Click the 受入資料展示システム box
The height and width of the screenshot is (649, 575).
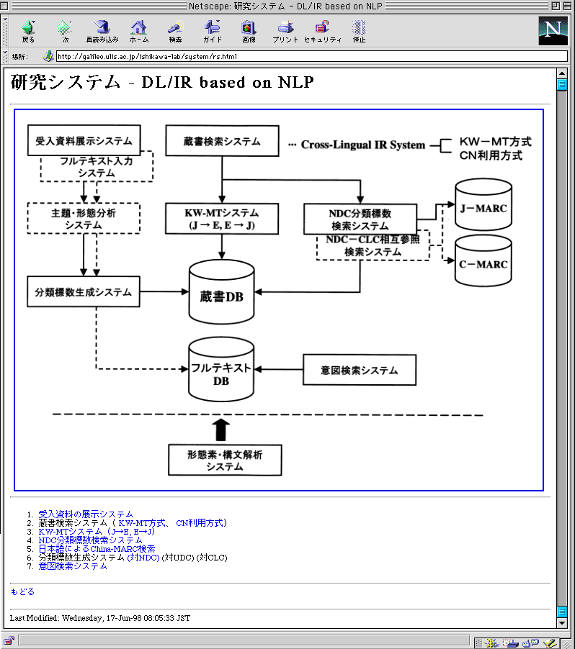[x=84, y=140]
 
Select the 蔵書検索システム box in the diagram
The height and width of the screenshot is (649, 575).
[x=222, y=141]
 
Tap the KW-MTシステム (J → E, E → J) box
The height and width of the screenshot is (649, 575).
[x=221, y=219]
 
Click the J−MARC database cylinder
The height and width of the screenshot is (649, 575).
[x=483, y=209]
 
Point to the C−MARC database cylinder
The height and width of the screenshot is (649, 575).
[x=483, y=263]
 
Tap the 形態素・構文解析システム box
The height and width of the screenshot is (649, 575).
[x=224, y=460]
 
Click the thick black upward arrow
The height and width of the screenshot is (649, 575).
[x=222, y=430]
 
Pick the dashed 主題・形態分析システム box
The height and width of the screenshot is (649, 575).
[x=83, y=219]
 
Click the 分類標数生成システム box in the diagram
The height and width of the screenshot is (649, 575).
[x=84, y=291]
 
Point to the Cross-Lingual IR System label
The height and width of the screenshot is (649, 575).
[x=363, y=145]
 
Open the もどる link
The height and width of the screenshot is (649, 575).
[x=22, y=592]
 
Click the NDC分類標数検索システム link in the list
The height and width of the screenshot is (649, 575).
[x=90, y=540]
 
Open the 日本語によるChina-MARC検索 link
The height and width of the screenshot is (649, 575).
[x=97, y=549]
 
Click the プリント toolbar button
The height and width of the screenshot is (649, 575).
[x=285, y=32]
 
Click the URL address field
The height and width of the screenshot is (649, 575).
[x=310, y=56]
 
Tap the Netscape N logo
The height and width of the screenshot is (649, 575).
[x=553, y=30]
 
